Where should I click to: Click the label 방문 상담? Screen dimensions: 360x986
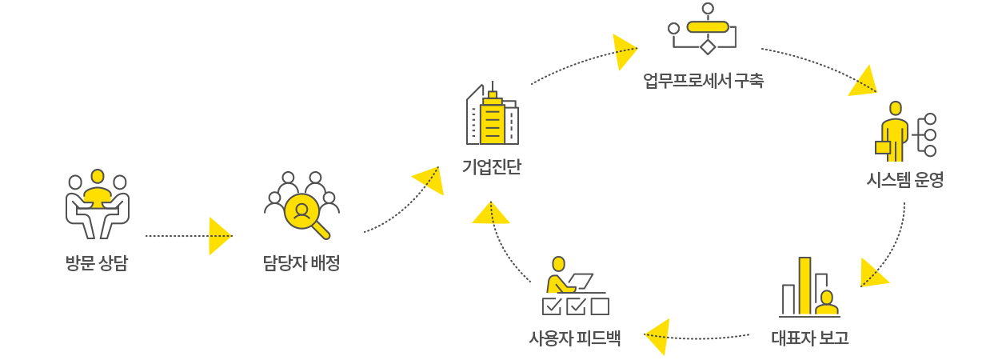click(x=97, y=263)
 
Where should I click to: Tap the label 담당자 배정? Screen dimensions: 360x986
click(x=301, y=263)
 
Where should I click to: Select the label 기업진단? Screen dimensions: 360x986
click(x=492, y=168)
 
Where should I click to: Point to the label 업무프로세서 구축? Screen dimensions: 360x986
click(x=703, y=81)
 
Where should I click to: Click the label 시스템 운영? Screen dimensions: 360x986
click(x=905, y=180)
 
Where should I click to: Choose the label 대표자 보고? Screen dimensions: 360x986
click(x=809, y=338)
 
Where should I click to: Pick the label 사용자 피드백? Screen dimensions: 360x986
click(x=575, y=338)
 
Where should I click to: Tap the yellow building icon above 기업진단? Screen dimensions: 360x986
click(x=493, y=120)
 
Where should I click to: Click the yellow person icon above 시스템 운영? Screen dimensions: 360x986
click(x=894, y=132)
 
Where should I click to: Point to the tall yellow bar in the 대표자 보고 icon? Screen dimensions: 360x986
click(x=804, y=285)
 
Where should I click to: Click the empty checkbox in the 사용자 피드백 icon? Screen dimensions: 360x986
click(x=600, y=306)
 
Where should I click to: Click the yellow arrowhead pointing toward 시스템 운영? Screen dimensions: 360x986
click(x=864, y=82)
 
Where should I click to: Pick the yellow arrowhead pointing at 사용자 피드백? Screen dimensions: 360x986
click(x=657, y=335)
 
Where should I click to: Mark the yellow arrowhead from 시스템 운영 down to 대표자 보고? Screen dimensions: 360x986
click(x=872, y=273)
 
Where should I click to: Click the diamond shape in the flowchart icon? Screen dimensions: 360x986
click(x=707, y=46)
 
